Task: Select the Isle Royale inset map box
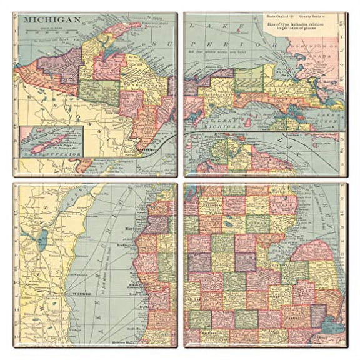(x=51, y=141)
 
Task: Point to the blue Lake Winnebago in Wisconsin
(x=42, y=239)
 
